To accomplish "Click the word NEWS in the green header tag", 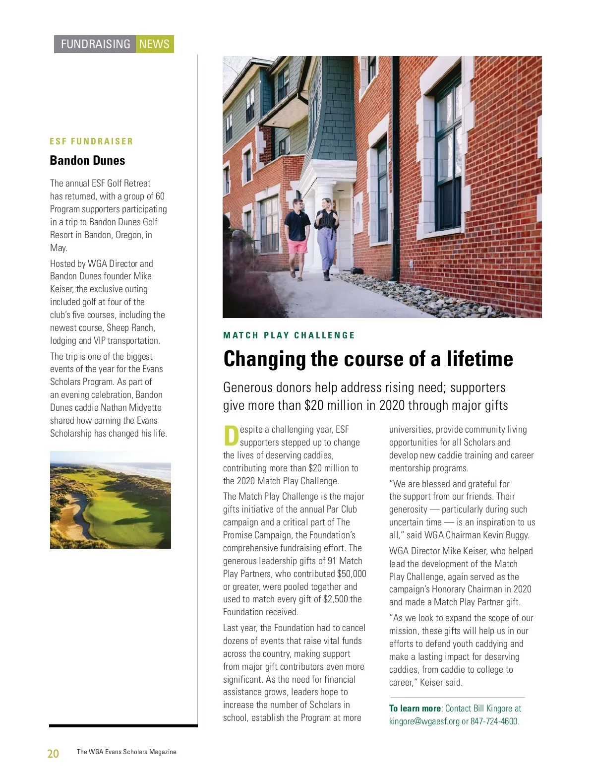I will tap(154, 44).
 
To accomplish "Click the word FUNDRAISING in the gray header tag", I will tap(95, 44).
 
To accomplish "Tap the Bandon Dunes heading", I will tap(87, 160).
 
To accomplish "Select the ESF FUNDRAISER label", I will tap(91, 141).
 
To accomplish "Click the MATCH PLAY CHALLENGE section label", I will tap(289, 335).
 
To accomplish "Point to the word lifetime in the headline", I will tap(479, 359).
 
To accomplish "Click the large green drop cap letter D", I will tap(231, 436).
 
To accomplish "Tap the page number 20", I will tap(53, 754).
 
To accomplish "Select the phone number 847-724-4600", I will tap(494, 721).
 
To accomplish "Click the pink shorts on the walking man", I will tap(297, 247).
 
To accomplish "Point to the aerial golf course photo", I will tap(111, 500).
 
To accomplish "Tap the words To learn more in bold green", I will tap(415, 709).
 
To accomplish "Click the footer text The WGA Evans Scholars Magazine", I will tap(126, 752).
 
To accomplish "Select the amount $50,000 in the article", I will tap(352, 574).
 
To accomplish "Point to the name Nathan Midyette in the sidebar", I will tap(131, 408).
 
